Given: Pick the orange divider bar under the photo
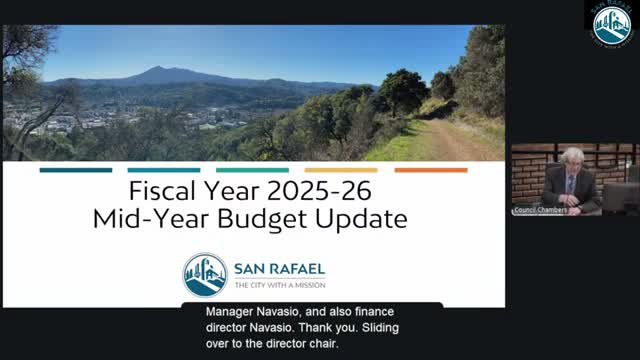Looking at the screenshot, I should [430, 170].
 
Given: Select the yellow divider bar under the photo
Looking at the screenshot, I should [341, 170].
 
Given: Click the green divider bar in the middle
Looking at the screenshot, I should [252, 170].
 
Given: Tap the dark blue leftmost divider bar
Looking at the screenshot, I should [76, 170].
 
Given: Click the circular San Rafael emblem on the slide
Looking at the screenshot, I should [205, 275].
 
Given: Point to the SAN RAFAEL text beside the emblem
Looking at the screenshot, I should [279, 268].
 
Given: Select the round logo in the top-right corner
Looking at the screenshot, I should [612, 24].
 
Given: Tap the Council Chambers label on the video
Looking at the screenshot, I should [540, 210].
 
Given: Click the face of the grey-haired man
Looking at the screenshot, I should [571, 161].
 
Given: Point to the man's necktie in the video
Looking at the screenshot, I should [570, 184].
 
